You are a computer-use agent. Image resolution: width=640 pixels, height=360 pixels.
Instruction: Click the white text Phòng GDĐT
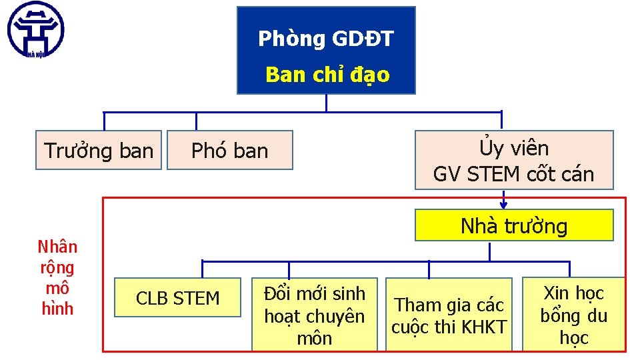[326, 39]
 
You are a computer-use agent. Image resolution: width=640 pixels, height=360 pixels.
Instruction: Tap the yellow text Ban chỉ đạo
[327, 75]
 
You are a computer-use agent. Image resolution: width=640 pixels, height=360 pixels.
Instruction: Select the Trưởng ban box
[99, 151]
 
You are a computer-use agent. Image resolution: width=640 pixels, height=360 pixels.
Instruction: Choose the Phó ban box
[229, 151]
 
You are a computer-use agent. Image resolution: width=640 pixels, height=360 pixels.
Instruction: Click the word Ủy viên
[513, 148]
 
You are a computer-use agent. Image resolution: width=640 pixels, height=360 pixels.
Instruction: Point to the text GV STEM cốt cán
[513, 175]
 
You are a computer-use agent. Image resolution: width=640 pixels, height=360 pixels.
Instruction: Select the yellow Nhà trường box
[514, 226]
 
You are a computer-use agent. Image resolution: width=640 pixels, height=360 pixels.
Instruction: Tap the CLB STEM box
[177, 298]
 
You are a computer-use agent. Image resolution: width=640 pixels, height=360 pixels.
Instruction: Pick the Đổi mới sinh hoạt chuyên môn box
[314, 315]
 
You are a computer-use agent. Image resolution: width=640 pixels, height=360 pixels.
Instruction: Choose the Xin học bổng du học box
[573, 315]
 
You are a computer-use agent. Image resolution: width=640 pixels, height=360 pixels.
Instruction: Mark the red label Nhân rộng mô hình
[57, 277]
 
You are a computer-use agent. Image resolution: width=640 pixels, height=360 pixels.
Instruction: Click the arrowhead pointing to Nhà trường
[503, 205]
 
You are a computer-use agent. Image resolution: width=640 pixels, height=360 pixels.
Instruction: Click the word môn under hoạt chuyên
[314, 338]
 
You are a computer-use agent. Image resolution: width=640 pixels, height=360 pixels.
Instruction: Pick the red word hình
[57, 309]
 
